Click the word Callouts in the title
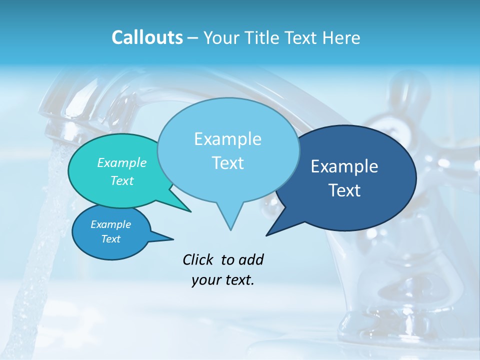[x=147, y=37]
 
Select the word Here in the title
[x=341, y=37]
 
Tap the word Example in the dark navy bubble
[x=344, y=166]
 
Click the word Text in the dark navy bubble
[x=344, y=190]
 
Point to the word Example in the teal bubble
[x=122, y=162]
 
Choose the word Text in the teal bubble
[x=122, y=180]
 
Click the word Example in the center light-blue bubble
[x=227, y=139]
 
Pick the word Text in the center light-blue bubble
[x=227, y=163]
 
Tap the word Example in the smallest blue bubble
[x=110, y=224]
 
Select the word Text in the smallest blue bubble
[x=110, y=239]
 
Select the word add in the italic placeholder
[x=251, y=259]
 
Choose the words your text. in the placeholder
[x=223, y=280]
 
